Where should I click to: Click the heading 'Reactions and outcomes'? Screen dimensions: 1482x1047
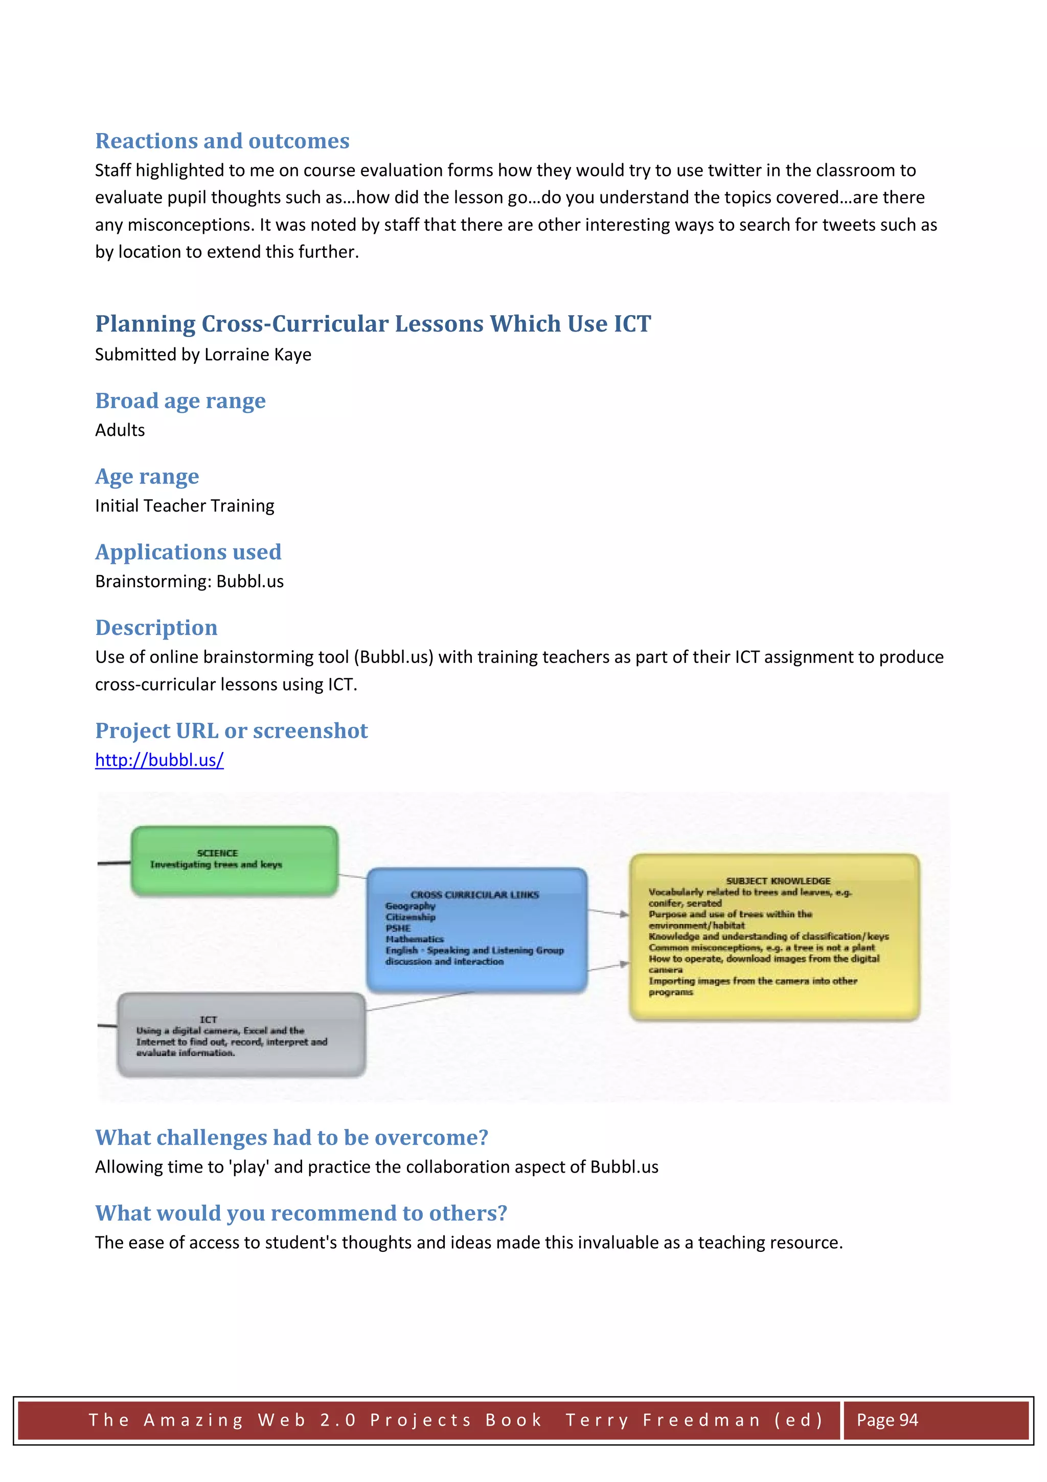[x=222, y=141]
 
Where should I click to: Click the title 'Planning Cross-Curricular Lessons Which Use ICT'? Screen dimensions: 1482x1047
[x=373, y=323]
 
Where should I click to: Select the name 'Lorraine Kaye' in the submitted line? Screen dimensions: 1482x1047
[x=257, y=355]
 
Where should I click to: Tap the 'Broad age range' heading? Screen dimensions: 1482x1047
[x=180, y=401]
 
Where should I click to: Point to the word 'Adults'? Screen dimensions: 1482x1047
[x=120, y=430]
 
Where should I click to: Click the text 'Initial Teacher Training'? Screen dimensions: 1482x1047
[x=185, y=505]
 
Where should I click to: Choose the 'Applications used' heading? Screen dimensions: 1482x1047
[x=188, y=552]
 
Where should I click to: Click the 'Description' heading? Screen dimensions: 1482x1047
[x=156, y=627]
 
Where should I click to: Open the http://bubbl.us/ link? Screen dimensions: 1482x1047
[x=160, y=760]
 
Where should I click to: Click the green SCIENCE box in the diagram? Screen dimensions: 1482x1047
[x=234, y=860]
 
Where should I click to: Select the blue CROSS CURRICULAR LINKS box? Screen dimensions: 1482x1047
[x=477, y=930]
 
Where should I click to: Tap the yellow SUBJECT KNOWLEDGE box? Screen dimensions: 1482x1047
[x=774, y=937]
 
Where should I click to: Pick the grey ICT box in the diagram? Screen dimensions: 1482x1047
[x=241, y=1035]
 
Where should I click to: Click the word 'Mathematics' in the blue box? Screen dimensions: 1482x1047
[x=415, y=939]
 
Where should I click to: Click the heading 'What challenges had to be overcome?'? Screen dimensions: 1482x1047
[x=291, y=1137]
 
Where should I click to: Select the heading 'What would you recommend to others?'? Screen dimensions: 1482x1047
[x=301, y=1213]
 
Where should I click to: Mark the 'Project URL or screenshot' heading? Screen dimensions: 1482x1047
[x=231, y=731]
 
